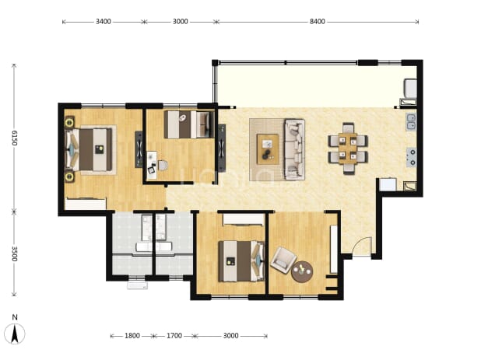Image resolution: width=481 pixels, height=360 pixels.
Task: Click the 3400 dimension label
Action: [x=103, y=22]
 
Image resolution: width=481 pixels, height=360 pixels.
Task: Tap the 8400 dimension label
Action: [x=318, y=22]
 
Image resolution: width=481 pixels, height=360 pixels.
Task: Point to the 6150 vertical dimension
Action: [x=15, y=138]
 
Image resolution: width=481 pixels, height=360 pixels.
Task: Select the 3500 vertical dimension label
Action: [x=15, y=254]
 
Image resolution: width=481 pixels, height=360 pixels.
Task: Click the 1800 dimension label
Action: [x=132, y=336]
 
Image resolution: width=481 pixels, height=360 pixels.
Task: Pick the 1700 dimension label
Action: [x=174, y=336]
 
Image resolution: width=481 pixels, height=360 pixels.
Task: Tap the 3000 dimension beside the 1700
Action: [x=230, y=336]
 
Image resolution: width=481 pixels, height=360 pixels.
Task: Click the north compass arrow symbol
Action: [x=15, y=334]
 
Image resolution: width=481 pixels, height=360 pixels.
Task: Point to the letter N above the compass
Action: [x=15, y=317]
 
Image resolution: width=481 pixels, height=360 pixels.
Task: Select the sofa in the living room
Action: [x=294, y=149]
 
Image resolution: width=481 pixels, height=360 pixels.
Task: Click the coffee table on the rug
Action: [x=268, y=149]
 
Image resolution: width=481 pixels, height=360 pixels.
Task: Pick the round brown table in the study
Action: [x=302, y=271]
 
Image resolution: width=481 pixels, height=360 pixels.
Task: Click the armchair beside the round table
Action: [x=283, y=260]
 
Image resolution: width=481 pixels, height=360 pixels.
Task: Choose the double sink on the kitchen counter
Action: [x=411, y=121]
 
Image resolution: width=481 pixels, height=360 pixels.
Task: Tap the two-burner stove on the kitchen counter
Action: [x=412, y=157]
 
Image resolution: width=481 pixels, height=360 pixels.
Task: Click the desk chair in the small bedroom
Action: [x=163, y=166]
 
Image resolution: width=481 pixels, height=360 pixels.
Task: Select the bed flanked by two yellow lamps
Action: [x=89, y=149]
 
